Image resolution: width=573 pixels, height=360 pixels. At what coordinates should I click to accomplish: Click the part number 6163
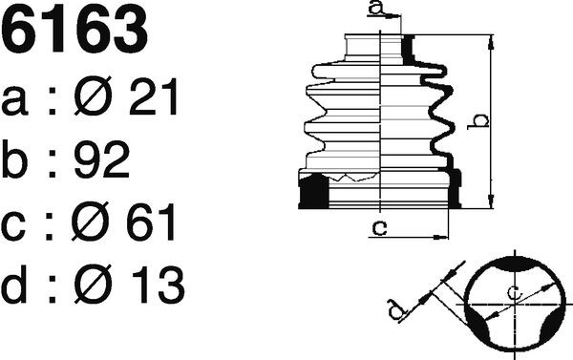tap(74, 30)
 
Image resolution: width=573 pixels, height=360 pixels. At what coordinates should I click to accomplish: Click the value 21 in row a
tap(154, 97)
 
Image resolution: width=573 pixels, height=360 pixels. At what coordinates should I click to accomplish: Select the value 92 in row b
tap(102, 159)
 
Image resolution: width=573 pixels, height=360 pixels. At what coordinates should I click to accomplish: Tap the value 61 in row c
tap(151, 222)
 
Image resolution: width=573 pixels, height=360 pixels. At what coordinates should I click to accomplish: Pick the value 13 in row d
tap(158, 286)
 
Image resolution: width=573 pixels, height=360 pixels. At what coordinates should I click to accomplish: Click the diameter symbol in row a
tap(93, 96)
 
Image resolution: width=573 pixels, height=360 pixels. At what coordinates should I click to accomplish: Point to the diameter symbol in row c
tap(91, 222)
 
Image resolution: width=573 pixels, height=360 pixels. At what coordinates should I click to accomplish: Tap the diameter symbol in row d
tap(93, 284)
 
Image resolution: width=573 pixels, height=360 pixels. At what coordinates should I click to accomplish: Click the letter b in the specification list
tap(14, 159)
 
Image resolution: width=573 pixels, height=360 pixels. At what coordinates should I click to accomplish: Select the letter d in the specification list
tap(14, 285)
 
